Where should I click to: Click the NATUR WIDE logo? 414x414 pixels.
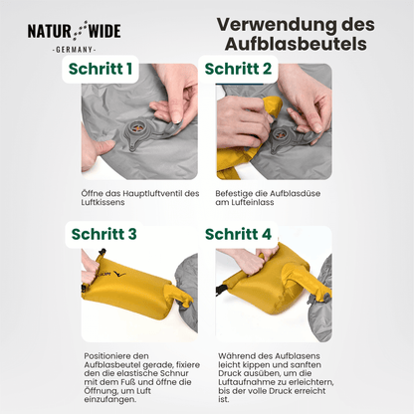74,31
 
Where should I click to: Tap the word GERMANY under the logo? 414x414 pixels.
75,50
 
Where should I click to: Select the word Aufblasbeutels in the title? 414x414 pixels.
296,44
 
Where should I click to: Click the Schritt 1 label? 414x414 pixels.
101,69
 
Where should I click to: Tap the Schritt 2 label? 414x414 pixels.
238,69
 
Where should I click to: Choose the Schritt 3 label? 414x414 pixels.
103,234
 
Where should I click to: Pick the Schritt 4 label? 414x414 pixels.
238,234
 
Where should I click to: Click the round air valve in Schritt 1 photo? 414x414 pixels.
137,128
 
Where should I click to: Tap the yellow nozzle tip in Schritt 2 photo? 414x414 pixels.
273,106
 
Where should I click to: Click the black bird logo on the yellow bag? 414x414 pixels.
119,275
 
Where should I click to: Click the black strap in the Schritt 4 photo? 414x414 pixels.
220,290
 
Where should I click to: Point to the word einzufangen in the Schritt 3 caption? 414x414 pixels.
109,399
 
